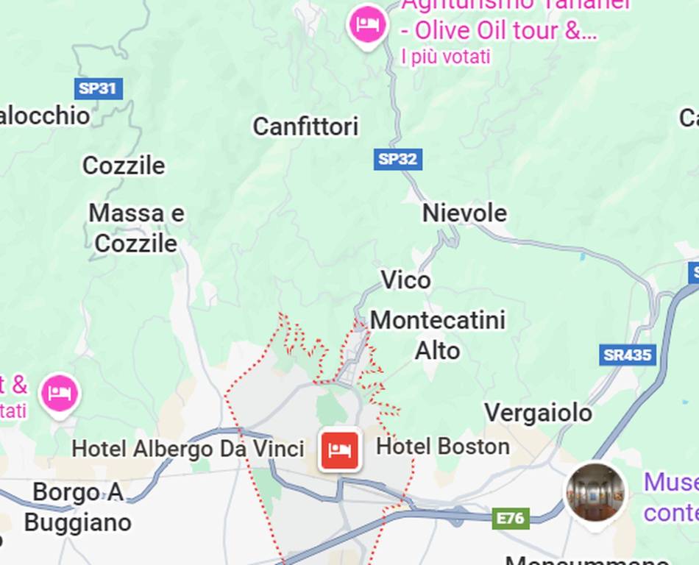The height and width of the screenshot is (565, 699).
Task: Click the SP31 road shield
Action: [x=98, y=89]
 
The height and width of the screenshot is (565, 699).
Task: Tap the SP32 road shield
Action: [x=398, y=159]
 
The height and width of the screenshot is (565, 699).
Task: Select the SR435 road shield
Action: [x=627, y=355]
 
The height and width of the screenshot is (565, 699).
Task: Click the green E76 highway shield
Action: [x=511, y=519]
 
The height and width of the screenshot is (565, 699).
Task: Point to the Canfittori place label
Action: [x=305, y=127]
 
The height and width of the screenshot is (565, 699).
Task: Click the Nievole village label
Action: [x=464, y=213]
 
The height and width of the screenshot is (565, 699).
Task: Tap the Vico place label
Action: [x=405, y=280]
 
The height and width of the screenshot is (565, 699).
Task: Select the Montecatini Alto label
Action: [x=438, y=335]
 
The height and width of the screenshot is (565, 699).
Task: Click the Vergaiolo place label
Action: [x=538, y=413]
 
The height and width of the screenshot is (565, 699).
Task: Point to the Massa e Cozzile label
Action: [x=136, y=228]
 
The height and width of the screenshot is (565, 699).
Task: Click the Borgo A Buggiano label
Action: [x=77, y=508]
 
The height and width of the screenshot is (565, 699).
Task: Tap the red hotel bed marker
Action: [x=340, y=449]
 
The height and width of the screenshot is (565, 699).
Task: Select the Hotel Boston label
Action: [x=443, y=447]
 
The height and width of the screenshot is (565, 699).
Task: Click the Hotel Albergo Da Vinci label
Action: [x=188, y=448]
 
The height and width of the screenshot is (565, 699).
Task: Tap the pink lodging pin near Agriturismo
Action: [x=367, y=26]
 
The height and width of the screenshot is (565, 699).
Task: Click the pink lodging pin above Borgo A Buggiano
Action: [x=60, y=393]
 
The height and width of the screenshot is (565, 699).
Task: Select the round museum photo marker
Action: [x=596, y=493]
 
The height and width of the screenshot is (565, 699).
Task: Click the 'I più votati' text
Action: [x=446, y=57]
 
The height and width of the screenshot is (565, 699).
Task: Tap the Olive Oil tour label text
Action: [x=499, y=31]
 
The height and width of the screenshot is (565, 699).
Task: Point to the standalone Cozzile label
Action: [x=124, y=166]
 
